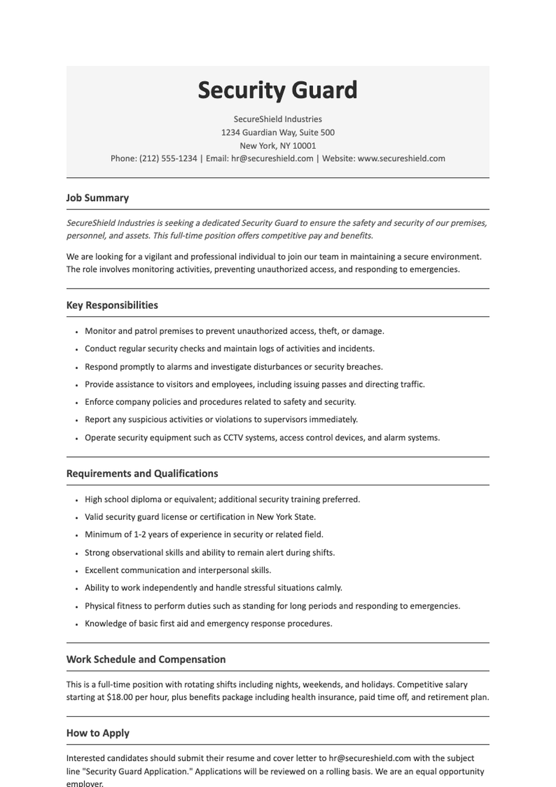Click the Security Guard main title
278,90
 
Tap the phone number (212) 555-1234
168,159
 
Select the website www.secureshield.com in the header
401,159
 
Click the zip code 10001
304,146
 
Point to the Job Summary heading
97,198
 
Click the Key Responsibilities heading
112,305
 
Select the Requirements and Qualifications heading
142,473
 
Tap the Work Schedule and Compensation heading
146,659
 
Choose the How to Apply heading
98,733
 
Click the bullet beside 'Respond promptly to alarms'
76,367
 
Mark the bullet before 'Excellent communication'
76,571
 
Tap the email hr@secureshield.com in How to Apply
370,758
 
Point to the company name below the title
278,119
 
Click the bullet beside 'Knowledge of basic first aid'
76,624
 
